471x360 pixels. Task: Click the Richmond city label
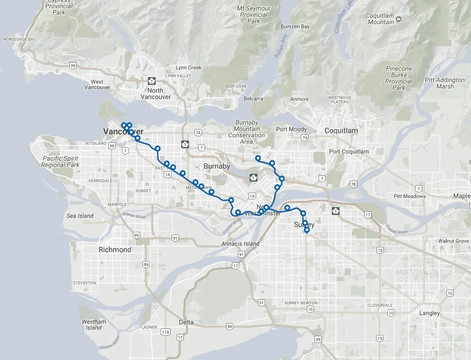tap(115, 250)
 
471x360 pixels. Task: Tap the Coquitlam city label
tap(341, 130)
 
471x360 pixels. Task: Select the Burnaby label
tap(217, 166)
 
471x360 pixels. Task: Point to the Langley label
tap(429, 313)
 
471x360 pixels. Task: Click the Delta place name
tap(186, 322)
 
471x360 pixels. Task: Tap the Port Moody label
tap(291, 129)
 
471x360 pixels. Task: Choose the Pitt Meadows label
tap(409, 196)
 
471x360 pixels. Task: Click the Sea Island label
tap(80, 216)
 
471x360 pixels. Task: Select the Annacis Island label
tap(240, 244)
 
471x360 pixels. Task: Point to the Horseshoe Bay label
tap(19, 39)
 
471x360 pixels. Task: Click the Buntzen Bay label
tap(295, 26)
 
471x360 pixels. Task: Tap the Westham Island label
tap(94, 324)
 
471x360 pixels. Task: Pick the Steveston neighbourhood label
tap(84, 283)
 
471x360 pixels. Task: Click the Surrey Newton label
tap(301, 303)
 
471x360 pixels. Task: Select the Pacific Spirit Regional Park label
tap(60, 162)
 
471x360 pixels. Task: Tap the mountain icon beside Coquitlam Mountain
tap(399, 19)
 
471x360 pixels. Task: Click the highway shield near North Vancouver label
tap(152, 81)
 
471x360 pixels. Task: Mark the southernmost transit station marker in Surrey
tap(307, 230)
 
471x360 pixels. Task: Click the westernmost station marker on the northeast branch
tap(258, 158)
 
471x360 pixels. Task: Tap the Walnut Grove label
tap(453, 240)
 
